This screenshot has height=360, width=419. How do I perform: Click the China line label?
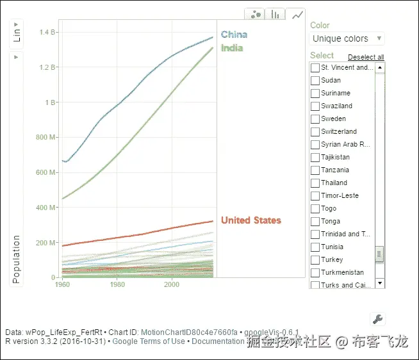tap(234, 35)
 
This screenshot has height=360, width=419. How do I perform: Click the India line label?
tap(231, 48)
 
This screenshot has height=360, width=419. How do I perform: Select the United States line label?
tap(251, 220)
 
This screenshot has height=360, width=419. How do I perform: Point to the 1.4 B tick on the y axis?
tap(49, 32)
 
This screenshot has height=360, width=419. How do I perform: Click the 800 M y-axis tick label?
tap(49, 137)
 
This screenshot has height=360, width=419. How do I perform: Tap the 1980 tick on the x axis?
tap(117, 284)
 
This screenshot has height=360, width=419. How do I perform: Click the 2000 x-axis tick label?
tap(172, 284)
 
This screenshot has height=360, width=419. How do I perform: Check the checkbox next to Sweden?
tap(315, 119)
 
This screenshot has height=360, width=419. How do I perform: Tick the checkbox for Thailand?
tap(315, 183)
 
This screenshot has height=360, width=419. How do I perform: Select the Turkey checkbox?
tap(315, 259)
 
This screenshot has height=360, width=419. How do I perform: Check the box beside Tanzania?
tap(315, 170)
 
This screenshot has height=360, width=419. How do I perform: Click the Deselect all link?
tap(366, 57)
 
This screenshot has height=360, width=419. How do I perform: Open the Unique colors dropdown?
tap(347, 38)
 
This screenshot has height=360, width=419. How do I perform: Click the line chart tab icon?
tap(297, 15)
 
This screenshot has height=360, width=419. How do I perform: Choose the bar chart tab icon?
tap(275, 15)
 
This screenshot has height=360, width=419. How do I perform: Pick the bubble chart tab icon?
tap(255, 15)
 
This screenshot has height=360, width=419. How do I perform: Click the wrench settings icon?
tap(377, 319)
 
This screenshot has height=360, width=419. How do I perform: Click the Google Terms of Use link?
tap(149, 341)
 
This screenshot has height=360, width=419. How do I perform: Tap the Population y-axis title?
tap(17, 259)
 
